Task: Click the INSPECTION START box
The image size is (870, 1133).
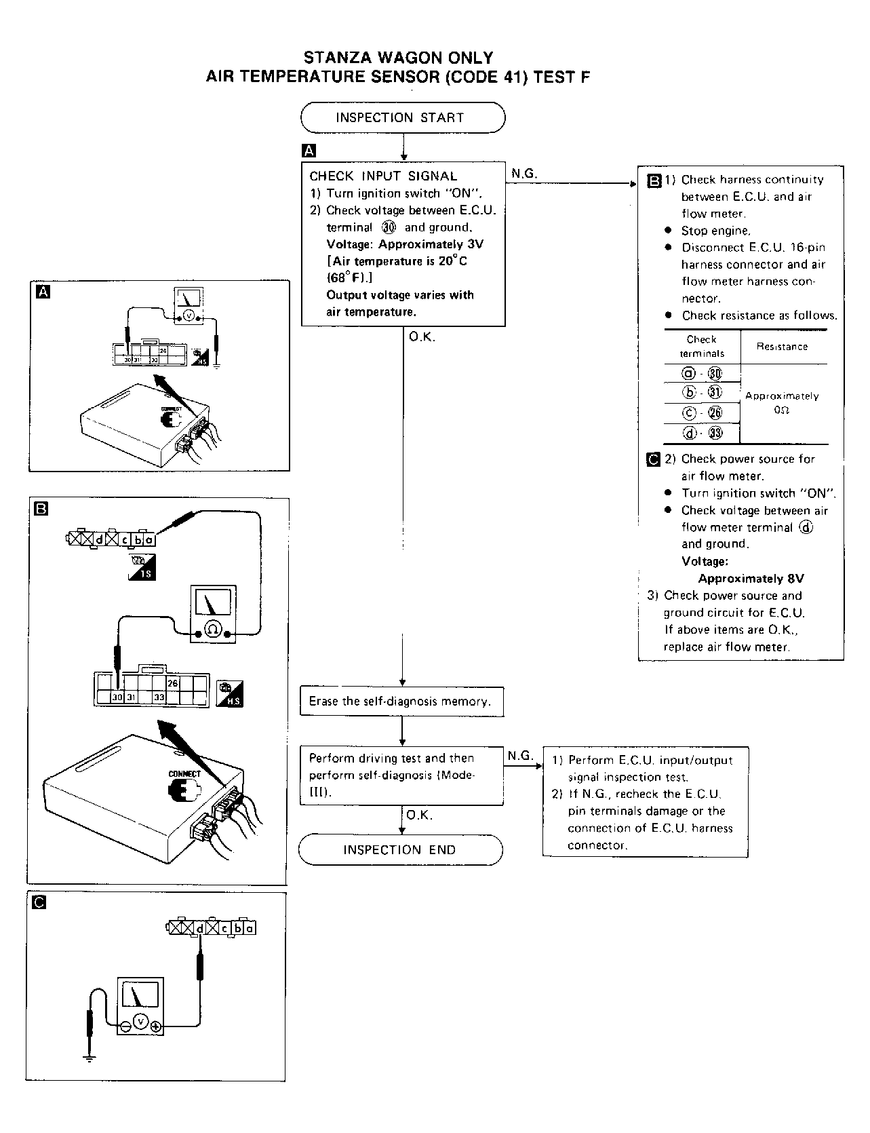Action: coord(403,117)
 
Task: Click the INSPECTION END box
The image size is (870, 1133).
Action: coord(400,850)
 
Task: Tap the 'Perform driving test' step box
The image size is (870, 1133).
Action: coord(401,775)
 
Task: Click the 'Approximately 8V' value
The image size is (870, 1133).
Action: coord(751,579)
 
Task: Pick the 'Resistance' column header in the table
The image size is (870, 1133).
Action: coord(782,347)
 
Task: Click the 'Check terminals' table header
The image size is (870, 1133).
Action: coord(701,346)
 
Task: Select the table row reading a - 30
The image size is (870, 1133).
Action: coord(702,374)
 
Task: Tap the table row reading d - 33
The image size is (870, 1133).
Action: coord(702,433)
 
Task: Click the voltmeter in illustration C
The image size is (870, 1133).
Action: coord(140,1006)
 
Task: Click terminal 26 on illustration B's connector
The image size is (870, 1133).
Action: coord(172,683)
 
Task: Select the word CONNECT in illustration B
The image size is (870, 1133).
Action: coord(184,773)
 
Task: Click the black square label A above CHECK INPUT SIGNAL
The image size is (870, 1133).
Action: coord(309,151)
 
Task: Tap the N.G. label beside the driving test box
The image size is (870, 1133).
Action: coord(520,755)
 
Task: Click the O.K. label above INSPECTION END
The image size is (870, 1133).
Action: coord(419,815)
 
